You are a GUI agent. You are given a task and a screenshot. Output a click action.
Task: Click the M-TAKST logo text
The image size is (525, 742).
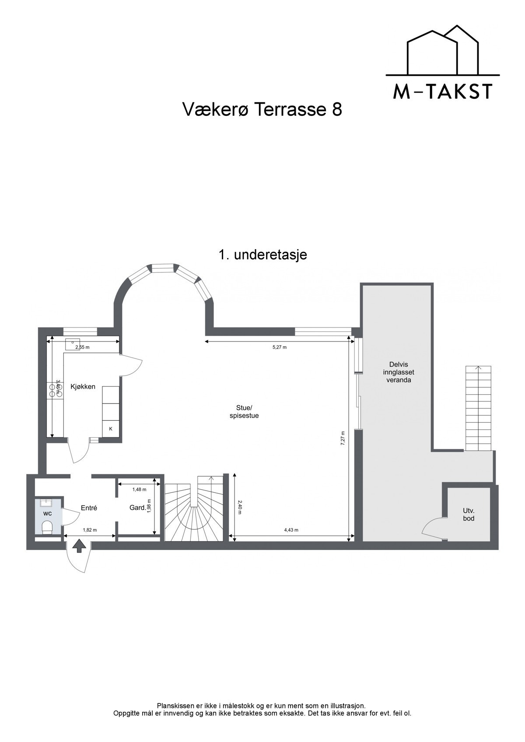[443, 91]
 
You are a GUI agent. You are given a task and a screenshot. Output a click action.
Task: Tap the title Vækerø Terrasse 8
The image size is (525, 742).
[262, 110]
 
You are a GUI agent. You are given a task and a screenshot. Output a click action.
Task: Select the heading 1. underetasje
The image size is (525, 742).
[262, 254]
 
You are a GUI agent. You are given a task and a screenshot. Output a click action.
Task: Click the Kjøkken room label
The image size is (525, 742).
[83, 387]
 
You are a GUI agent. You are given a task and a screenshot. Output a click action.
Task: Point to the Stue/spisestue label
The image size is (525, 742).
[244, 412]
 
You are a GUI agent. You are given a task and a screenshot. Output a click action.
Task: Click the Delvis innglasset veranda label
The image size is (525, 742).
[398, 372]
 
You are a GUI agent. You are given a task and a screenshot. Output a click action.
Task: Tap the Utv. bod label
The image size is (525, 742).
[469, 514]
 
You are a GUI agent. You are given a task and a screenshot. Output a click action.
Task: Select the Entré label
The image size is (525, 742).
[89, 508]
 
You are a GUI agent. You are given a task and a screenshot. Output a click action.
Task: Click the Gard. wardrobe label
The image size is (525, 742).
[137, 508]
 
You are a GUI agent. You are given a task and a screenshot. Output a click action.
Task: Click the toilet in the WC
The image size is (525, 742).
[47, 528]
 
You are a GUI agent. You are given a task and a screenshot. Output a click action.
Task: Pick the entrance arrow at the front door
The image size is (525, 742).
[79, 546]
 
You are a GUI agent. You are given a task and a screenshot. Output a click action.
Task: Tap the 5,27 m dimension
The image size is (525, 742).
[279, 347]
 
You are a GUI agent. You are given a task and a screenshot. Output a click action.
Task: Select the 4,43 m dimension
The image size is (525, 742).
[291, 530]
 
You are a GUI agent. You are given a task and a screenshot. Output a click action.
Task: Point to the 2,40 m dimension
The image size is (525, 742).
[240, 507]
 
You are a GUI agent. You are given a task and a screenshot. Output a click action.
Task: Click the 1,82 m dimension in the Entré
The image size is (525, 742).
[90, 530]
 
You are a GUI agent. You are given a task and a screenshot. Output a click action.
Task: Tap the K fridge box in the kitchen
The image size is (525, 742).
[111, 429]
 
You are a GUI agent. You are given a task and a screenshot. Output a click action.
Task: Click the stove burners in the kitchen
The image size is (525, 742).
[56, 389]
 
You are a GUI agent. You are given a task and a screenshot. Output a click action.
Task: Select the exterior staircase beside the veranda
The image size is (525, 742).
[478, 408]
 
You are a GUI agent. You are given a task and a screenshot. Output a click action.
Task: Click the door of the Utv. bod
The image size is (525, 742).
[433, 526]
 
